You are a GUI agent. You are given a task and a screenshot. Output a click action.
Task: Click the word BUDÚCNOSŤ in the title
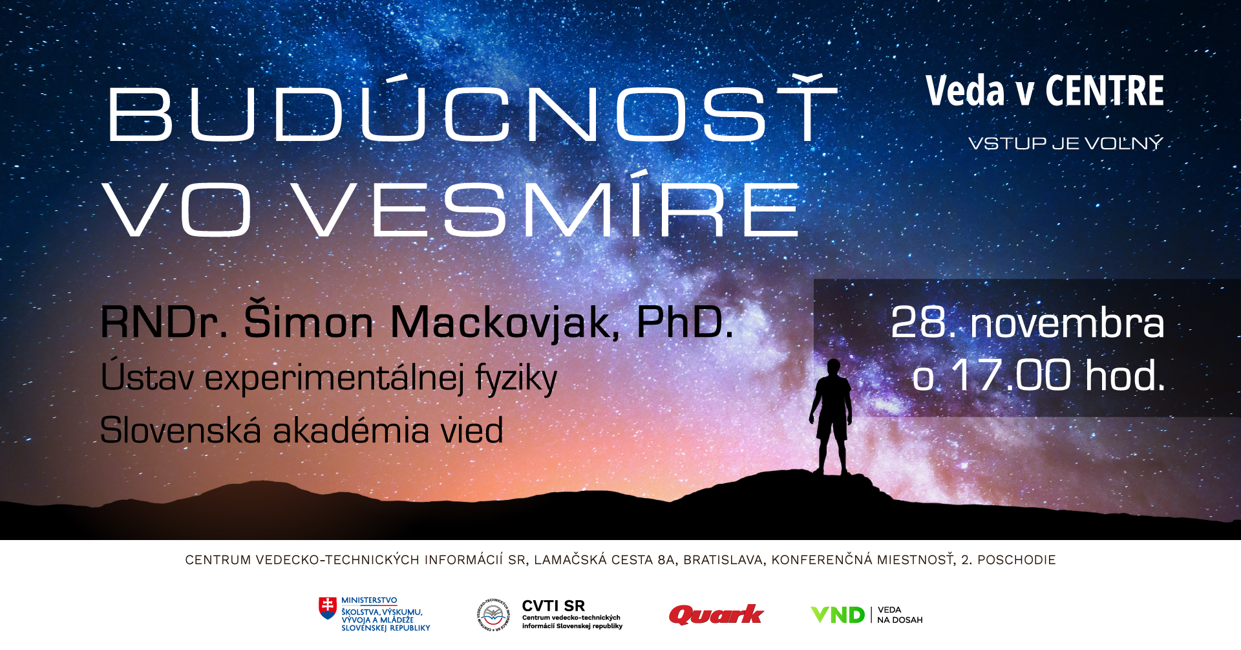click(x=472, y=108)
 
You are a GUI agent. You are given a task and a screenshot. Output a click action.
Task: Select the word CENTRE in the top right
click(x=1105, y=91)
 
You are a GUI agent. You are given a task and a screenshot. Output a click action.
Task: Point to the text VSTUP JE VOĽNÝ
click(x=1066, y=143)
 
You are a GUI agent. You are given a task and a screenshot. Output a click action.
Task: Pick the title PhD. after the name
click(x=685, y=321)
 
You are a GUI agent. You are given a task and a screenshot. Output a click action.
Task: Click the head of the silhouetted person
click(x=834, y=367)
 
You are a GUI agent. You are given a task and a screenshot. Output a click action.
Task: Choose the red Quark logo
click(x=716, y=614)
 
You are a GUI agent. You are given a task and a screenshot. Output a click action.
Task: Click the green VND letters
click(x=838, y=614)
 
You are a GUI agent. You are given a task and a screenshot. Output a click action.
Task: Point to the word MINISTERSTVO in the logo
click(x=369, y=600)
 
